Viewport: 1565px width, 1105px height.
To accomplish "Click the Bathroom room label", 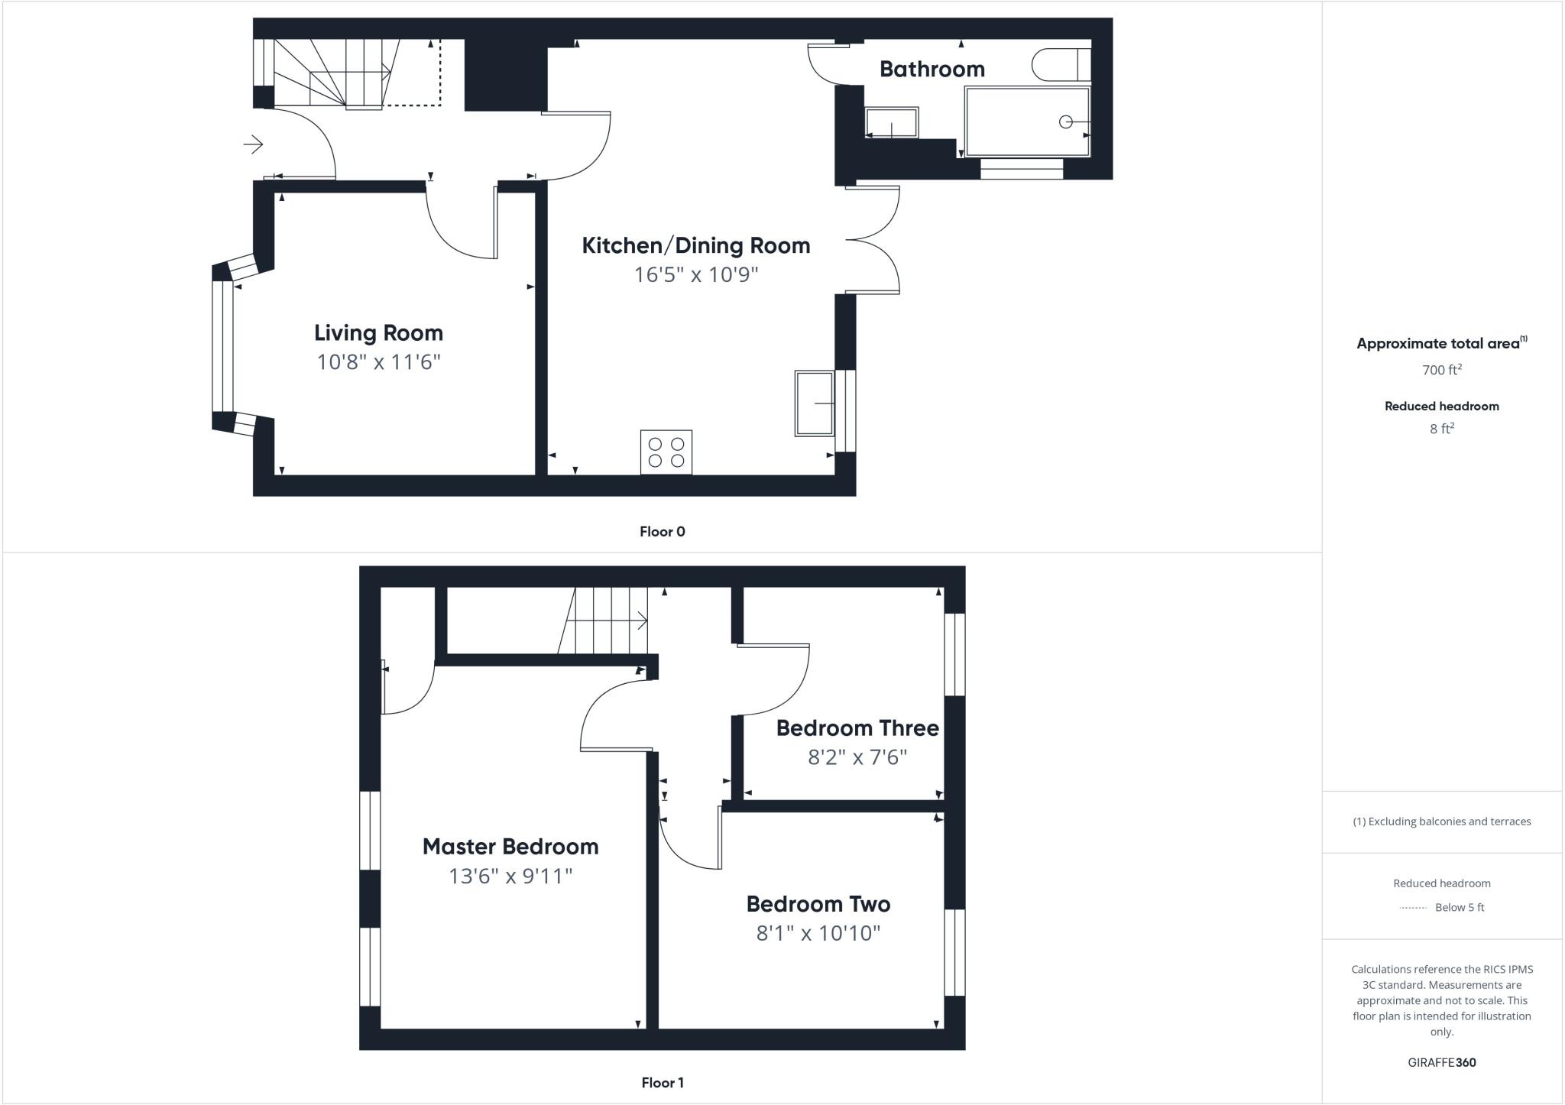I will [932, 69].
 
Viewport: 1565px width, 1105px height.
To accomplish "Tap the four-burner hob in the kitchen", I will [666, 452].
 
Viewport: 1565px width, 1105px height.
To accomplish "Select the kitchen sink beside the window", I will [814, 403].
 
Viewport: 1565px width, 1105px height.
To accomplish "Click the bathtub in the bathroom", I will [1027, 122].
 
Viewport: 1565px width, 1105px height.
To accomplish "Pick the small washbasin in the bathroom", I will [892, 122].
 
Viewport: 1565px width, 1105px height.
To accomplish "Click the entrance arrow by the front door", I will [254, 144].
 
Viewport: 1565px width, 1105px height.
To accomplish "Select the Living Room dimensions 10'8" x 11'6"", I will [378, 361].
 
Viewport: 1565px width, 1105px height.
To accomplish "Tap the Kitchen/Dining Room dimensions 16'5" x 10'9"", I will [695, 274].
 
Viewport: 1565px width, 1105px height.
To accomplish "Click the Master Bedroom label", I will [510, 847].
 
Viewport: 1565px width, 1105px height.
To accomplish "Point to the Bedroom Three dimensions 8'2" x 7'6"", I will [857, 757].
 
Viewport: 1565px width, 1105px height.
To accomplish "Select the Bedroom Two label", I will [818, 904].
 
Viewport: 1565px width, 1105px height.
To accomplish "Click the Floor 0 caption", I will [662, 532].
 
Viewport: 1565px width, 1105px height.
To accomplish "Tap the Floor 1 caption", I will [662, 1083].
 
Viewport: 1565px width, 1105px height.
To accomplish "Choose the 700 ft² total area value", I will [1441, 370].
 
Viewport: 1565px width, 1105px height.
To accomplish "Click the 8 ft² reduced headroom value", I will [1441, 429].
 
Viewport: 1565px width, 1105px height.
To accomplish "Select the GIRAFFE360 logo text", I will [1441, 1062].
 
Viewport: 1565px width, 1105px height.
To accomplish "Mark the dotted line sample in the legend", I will [1413, 908].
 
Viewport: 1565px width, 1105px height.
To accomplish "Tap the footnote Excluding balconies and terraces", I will [1441, 821].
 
